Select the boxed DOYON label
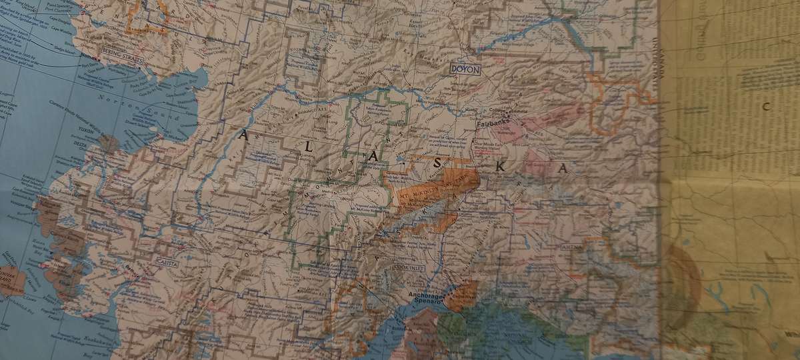pyautogui.click(x=465, y=69)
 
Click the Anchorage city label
pyautogui.click(x=427, y=294)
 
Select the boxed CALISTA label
pyautogui.click(x=168, y=263)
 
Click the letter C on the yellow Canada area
pyautogui.click(x=767, y=105)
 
